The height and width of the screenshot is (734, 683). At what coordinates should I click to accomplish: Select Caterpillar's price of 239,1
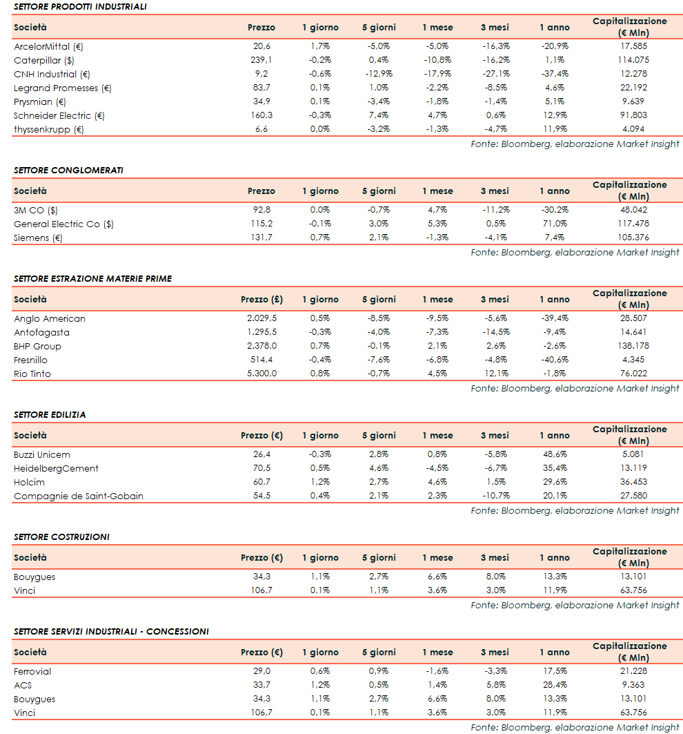(261, 60)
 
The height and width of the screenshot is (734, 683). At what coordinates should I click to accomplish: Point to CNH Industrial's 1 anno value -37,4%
(554, 74)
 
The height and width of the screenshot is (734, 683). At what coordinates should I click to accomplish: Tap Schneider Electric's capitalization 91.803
(629, 115)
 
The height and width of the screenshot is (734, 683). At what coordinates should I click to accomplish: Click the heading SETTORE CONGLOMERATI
(68, 170)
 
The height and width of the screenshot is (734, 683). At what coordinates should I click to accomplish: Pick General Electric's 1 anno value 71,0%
(554, 224)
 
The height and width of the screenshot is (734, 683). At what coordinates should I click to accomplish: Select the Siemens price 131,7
(261, 238)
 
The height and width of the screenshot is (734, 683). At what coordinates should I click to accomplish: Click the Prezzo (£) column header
(261, 300)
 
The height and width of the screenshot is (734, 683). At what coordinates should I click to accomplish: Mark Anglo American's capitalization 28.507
(629, 318)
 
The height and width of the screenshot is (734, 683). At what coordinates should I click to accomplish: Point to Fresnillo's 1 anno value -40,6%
(554, 360)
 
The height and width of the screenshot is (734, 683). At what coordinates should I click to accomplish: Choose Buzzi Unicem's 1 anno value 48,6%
(554, 454)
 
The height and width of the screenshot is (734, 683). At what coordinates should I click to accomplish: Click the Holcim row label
(28, 482)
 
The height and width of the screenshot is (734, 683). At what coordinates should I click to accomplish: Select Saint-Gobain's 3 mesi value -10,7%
(494, 496)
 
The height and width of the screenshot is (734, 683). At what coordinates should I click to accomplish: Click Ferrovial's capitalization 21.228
(629, 671)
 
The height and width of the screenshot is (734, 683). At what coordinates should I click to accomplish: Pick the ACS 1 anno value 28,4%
(554, 685)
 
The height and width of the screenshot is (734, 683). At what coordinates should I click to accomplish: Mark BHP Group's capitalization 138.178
(629, 346)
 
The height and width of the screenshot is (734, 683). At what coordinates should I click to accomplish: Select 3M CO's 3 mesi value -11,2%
(494, 210)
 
